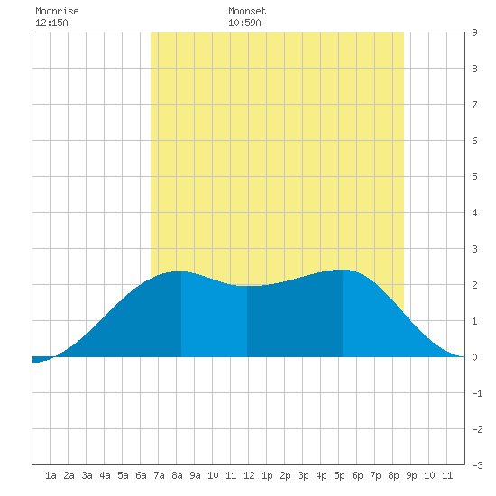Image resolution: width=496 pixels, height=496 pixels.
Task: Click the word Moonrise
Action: coord(57,11)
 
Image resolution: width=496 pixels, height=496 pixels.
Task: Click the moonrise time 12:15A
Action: coord(51,23)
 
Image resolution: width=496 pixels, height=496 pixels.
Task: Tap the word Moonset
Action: coord(247,11)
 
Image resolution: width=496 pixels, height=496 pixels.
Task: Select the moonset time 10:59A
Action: coord(244,23)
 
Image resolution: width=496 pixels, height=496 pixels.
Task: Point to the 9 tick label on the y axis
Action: coord(474,32)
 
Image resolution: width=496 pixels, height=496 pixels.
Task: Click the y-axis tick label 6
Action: coord(474,141)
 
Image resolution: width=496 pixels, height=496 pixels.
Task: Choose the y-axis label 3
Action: coord(474,249)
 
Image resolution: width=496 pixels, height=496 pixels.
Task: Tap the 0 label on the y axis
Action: coord(474,357)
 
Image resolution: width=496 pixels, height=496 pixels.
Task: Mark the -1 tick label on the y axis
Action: coord(477,393)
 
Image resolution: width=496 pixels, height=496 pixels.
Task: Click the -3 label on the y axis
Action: coord(477,465)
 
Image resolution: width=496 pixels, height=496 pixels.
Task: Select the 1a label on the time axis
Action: coord(51,475)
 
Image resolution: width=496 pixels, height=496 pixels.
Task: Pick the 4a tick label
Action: coord(105,475)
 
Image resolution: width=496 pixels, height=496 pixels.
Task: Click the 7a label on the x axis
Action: coord(159,475)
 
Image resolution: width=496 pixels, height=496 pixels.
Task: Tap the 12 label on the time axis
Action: coord(249,475)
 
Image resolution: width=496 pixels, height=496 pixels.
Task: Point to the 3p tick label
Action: coord(303,475)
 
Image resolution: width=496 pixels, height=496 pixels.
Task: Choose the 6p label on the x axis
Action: coord(357,475)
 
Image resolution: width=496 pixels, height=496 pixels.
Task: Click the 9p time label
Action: coord(411,475)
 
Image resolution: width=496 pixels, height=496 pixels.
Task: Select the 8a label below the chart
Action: coord(177,475)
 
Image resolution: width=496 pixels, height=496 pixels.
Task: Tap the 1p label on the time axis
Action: coord(267,475)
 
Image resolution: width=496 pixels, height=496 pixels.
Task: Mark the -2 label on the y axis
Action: coord(477,429)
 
